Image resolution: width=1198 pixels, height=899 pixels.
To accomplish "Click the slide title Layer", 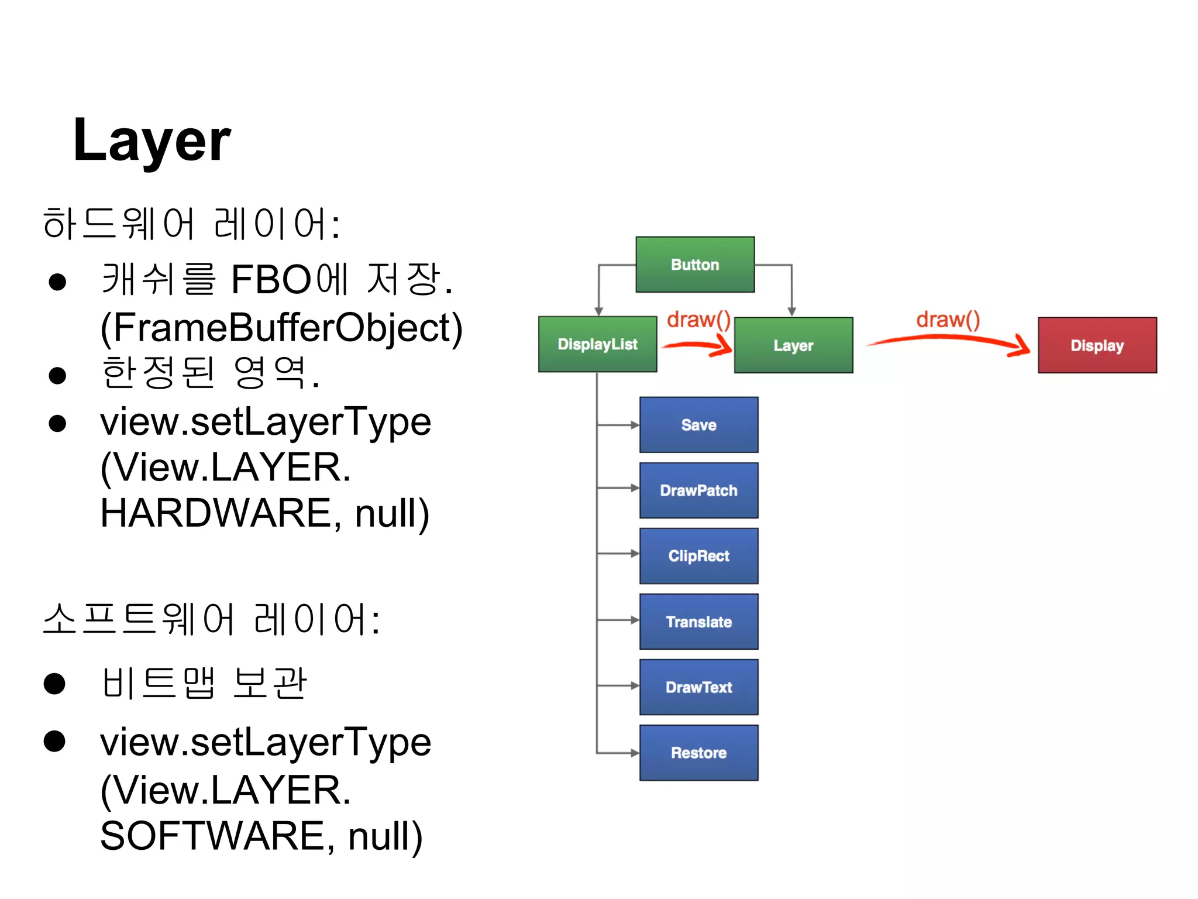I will pyautogui.click(x=152, y=141).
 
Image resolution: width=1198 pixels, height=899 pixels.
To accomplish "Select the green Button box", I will pyautogui.click(x=695, y=265).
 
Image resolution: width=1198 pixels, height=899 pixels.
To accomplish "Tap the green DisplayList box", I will pyautogui.click(x=597, y=344).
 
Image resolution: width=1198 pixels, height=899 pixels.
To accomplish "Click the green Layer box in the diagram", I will pyautogui.click(x=793, y=345).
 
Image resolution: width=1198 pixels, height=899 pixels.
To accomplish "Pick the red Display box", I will pyautogui.click(x=1097, y=345).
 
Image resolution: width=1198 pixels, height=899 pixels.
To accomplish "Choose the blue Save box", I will pyautogui.click(x=698, y=425).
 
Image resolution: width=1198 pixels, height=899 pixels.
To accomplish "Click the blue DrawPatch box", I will pyautogui.click(x=698, y=490).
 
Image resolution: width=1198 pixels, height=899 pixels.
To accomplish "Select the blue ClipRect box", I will pyautogui.click(x=698, y=556).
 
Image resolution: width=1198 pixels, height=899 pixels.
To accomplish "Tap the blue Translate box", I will pyautogui.click(x=698, y=622).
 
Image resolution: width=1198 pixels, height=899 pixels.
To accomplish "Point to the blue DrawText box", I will pyautogui.click(x=698, y=687).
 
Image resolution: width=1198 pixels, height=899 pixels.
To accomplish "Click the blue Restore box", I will pyautogui.click(x=698, y=753).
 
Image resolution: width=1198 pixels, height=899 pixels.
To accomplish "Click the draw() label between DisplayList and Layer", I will pyautogui.click(x=698, y=320).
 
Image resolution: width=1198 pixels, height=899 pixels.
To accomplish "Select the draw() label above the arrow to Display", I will pyautogui.click(x=948, y=320).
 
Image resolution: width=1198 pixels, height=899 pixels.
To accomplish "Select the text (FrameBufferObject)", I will pyautogui.click(x=281, y=328).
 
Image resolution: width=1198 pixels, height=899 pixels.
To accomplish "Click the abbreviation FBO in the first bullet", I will pyautogui.click(x=271, y=280).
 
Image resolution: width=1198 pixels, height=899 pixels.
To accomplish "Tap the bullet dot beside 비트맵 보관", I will pyautogui.click(x=54, y=683).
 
